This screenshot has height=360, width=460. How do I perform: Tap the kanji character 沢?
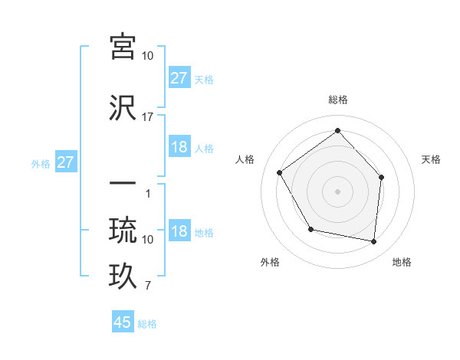(123, 107)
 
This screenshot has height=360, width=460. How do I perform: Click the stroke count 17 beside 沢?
(148, 117)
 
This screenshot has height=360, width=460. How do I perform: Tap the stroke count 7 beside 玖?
(148, 286)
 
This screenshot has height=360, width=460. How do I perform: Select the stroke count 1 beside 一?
(148, 194)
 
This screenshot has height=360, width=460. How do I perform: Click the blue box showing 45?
(123, 322)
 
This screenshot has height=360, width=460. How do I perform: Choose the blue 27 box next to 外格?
(65, 162)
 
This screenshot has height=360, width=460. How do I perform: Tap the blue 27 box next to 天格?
(179, 77)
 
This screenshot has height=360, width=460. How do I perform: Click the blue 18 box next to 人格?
(179, 147)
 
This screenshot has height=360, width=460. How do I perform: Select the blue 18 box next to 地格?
(179, 231)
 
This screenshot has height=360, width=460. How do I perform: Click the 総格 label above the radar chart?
(338, 100)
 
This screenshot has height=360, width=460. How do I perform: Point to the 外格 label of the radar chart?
(270, 262)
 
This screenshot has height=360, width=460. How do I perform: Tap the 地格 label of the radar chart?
(402, 262)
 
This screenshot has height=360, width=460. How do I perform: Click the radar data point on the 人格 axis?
(280, 172)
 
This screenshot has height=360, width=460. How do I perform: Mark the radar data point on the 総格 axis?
(337, 130)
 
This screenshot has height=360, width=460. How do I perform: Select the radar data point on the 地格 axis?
(374, 241)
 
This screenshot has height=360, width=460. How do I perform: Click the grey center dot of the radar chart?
(337, 191)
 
